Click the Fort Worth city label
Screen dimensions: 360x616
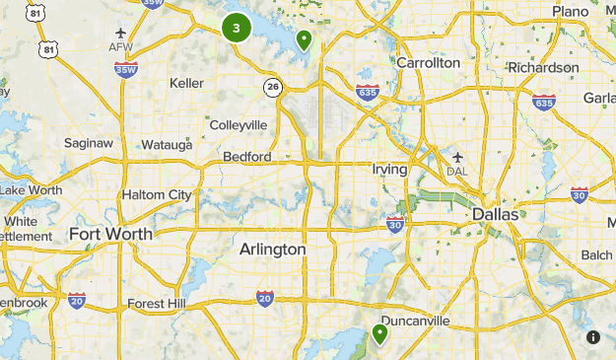point(110,234)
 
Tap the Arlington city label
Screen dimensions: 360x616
point(272,250)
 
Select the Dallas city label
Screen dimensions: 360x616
point(495,214)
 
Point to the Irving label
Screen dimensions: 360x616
point(389,170)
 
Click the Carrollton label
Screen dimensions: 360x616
point(428,62)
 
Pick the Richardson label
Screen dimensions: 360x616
point(543,67)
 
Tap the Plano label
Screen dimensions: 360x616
point(570,11)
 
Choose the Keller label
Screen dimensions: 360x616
point(187,83)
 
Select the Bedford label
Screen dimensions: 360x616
point(246,157)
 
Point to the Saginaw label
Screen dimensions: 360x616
point(89,142)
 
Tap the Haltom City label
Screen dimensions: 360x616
point(157,194)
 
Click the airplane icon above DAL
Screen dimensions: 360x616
point(457,156)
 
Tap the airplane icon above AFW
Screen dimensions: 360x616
point(120,32)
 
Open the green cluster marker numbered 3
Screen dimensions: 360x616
point(237,28)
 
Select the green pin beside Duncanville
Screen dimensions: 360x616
point(379,334)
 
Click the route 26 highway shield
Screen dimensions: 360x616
point(271,88)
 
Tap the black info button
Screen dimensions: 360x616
point(593,337)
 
